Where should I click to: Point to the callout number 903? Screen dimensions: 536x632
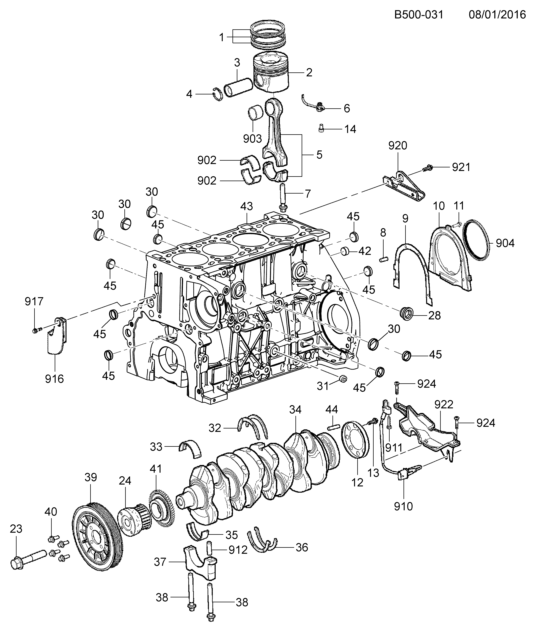pyautogui.click(x=252, y=139)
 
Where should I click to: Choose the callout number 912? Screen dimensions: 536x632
pyautogui.click(x=238, y=550)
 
